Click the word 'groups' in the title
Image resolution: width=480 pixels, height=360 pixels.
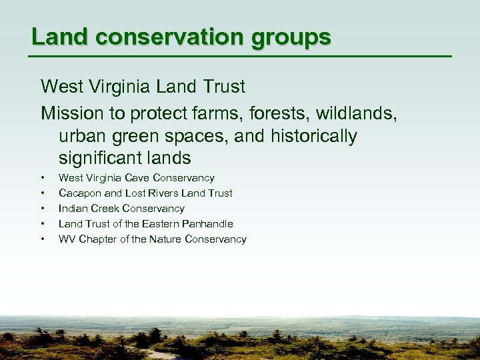291,38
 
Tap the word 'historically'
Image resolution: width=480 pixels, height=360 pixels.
314,137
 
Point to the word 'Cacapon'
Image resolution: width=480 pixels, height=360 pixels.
80,193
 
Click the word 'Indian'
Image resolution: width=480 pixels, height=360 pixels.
73,209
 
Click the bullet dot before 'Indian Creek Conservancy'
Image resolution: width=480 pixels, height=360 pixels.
43,209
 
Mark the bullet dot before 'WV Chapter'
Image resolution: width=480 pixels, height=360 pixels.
43,239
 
